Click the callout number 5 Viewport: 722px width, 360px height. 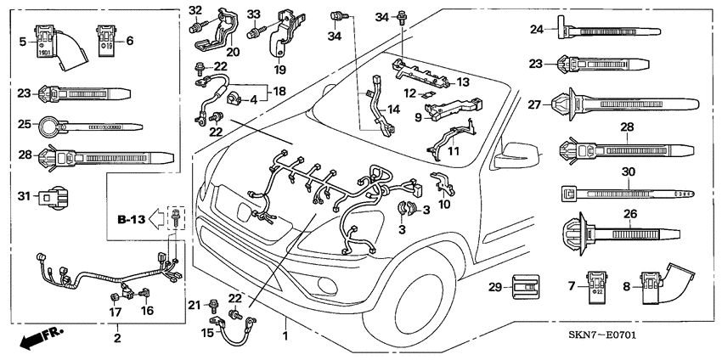(x=23, y=40)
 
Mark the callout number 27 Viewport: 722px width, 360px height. (x=533, y=104)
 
